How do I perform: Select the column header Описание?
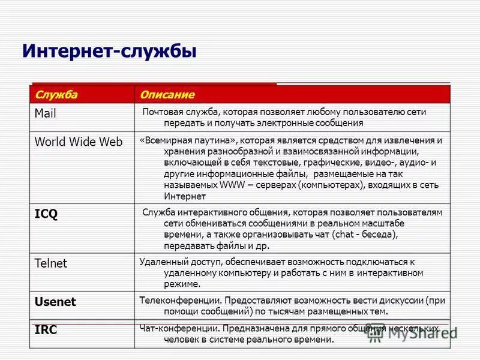167,95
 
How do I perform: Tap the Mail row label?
45,113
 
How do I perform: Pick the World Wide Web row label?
78,142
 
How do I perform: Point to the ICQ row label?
46,214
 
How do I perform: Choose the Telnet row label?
51,263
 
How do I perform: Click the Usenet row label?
55,302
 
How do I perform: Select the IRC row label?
46,330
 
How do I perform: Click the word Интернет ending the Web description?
185,196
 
